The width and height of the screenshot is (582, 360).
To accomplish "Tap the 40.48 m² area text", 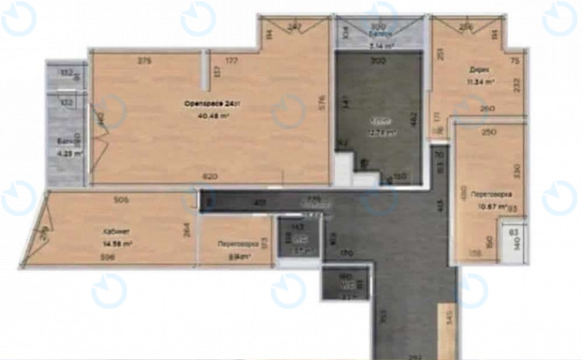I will coord(213,115).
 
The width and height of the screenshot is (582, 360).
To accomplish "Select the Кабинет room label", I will coord(112,231).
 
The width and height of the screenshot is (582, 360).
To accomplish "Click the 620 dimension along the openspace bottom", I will coord(210,177).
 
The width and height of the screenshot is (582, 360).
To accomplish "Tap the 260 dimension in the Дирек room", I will coord(487,109).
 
